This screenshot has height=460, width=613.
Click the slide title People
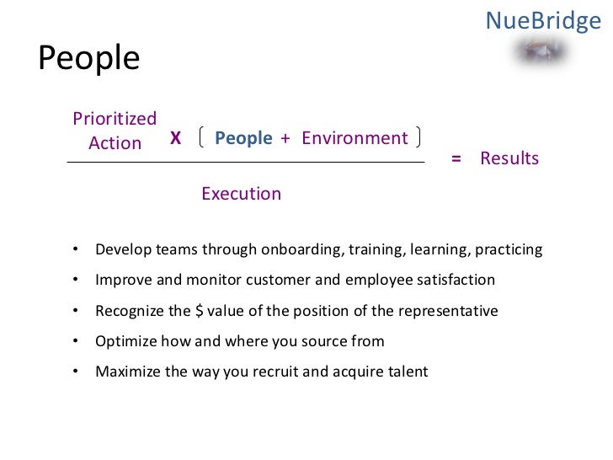click(89, 59)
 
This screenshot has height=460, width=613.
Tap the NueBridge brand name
click(543, 19)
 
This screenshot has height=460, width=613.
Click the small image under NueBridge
click(541, 53)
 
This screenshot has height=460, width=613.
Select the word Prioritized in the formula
click(115, 119)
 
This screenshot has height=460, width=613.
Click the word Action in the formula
click(115, 143)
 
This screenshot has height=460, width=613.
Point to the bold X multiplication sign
click(175, 138)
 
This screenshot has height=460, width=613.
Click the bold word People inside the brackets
click(243, 138)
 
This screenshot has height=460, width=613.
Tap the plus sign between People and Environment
click(285, 138)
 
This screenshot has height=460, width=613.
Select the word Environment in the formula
click(354, 138)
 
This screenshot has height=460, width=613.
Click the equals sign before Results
click(456, 159)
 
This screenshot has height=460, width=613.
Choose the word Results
click(509, 159)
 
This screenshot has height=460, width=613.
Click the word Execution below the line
click(241, 194)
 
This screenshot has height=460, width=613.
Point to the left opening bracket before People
click(202, 137)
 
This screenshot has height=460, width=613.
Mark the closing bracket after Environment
click(418, 137)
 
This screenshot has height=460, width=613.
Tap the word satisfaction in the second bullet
click(454, 281)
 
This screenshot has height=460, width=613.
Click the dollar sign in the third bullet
click(199, 311)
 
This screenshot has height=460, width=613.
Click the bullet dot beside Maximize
click(76, 372)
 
